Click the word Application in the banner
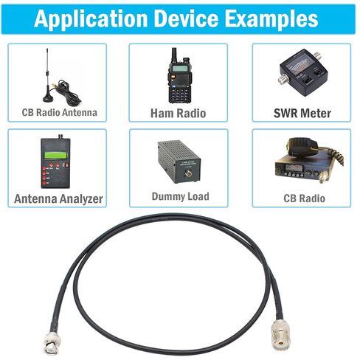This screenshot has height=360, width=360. click(91, 20)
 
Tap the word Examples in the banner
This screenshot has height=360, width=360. click(271, 19)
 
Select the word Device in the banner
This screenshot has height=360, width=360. click(186, 18)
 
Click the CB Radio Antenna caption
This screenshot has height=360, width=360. click(60, 112)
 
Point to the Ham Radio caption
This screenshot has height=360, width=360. click(178, 113)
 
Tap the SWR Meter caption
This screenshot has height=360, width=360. click(302, 113)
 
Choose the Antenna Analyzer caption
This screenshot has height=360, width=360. click(58, 198)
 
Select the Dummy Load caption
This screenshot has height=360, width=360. click(181, 196)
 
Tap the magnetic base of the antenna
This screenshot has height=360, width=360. click(48, 97)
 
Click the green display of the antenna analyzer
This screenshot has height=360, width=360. click(55, 156)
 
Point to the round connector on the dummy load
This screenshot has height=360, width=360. click(189, 173)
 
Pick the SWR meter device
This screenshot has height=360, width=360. click(303, 72)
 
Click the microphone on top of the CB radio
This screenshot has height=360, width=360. click(302, 146)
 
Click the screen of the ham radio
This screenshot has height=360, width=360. click(179, 68)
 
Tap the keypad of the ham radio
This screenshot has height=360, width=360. click(179, 94)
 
